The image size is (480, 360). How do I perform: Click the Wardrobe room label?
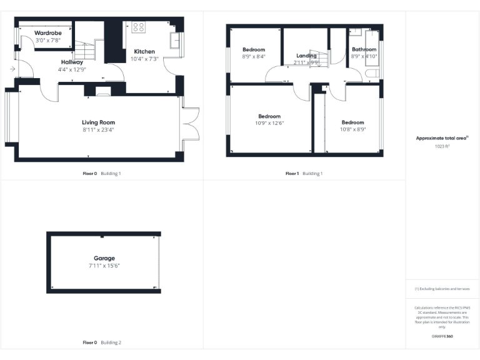[x=47, y=32]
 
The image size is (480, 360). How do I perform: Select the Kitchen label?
[x=144, y=51]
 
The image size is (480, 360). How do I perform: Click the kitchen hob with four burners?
[x=138, y=27]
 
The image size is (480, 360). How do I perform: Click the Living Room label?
[x=98, y=122]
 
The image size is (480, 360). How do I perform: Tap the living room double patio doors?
[x=190, y=122]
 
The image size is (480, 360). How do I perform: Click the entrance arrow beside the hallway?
[x=12, y=69]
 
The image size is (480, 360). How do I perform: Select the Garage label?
[x=104, y=258]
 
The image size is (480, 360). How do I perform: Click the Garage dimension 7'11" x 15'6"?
[x=104, y=266]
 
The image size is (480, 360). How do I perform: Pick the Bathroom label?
[x=364, y=49]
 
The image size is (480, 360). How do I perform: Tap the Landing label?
[x=306, y=56]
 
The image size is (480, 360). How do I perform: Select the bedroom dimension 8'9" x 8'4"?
[x=254, y=56]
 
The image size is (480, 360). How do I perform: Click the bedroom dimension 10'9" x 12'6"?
[x=269, y=123]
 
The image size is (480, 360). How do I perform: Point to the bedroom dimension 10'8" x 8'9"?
[x=352, y=129]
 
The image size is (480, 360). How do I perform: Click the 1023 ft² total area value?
[x=442, y=146]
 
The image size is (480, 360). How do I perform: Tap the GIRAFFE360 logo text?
[x=442, y=336]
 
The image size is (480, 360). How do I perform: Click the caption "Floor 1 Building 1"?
[x=304, y=173]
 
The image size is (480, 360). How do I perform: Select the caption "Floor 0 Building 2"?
[x=102, y=342]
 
